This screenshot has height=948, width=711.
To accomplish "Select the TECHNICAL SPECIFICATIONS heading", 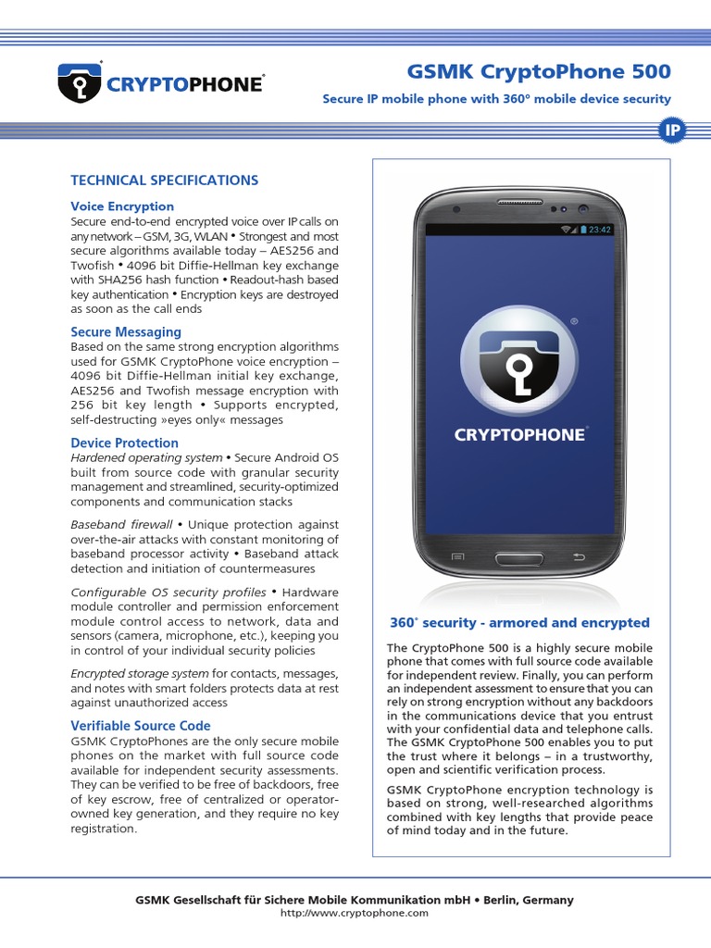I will [165, 181].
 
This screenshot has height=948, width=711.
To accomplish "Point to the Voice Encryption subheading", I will [122, 206].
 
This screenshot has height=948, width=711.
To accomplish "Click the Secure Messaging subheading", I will [126, 331].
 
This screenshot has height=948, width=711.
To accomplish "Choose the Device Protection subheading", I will [125, 443].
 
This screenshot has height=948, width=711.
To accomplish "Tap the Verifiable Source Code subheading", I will [141, 726].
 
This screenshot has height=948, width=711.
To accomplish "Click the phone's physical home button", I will [518, 558].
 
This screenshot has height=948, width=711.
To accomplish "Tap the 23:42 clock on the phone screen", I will [600, 230].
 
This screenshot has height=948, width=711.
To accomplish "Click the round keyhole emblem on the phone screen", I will [518, 360].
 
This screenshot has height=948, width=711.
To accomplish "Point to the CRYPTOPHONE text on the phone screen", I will [519, 434].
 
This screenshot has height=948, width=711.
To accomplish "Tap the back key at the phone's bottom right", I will [580, 557].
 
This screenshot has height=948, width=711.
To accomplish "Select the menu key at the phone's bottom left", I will [457, 557].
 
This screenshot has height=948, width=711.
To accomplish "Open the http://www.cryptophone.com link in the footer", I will [355, 913].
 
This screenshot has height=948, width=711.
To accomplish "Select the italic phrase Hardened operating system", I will [146, 457].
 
